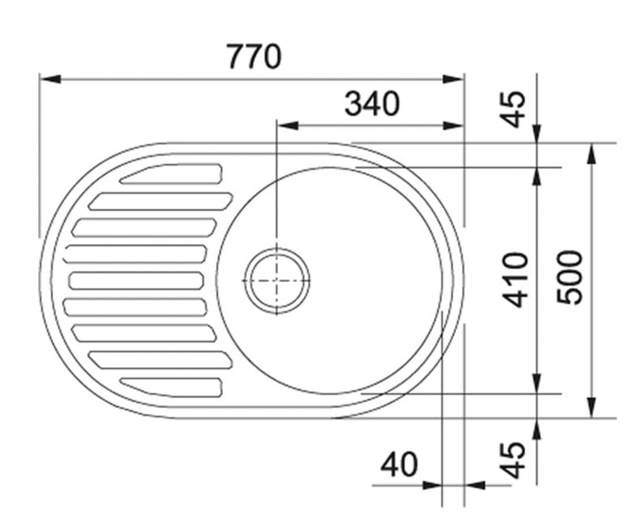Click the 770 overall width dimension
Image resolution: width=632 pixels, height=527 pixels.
(254, 57)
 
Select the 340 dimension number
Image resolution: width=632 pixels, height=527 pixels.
(372, 104)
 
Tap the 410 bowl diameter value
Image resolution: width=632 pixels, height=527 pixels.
(515, 280)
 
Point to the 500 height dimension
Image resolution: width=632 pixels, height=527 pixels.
(569, 277)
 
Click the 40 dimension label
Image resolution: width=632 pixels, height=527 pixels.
(399, 464)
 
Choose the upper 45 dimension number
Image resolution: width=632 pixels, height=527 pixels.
(513, 109)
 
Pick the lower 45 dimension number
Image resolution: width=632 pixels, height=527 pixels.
(513, 461)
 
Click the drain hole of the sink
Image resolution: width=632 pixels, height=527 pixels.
(277, 281)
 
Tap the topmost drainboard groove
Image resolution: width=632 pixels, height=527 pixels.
(171, 174)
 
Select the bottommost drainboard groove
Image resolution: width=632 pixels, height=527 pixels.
(171, 388)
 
